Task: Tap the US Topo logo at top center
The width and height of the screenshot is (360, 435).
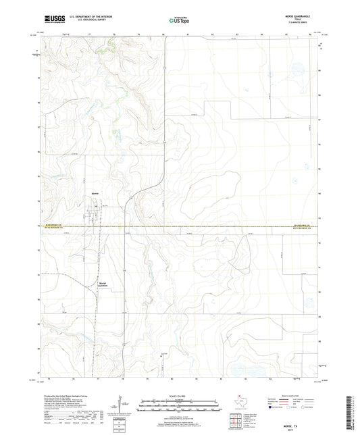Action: tap(179, 20)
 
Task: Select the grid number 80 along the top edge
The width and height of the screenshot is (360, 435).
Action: tap(163, 33)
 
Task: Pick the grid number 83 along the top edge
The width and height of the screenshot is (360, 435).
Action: tap(237, 33)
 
